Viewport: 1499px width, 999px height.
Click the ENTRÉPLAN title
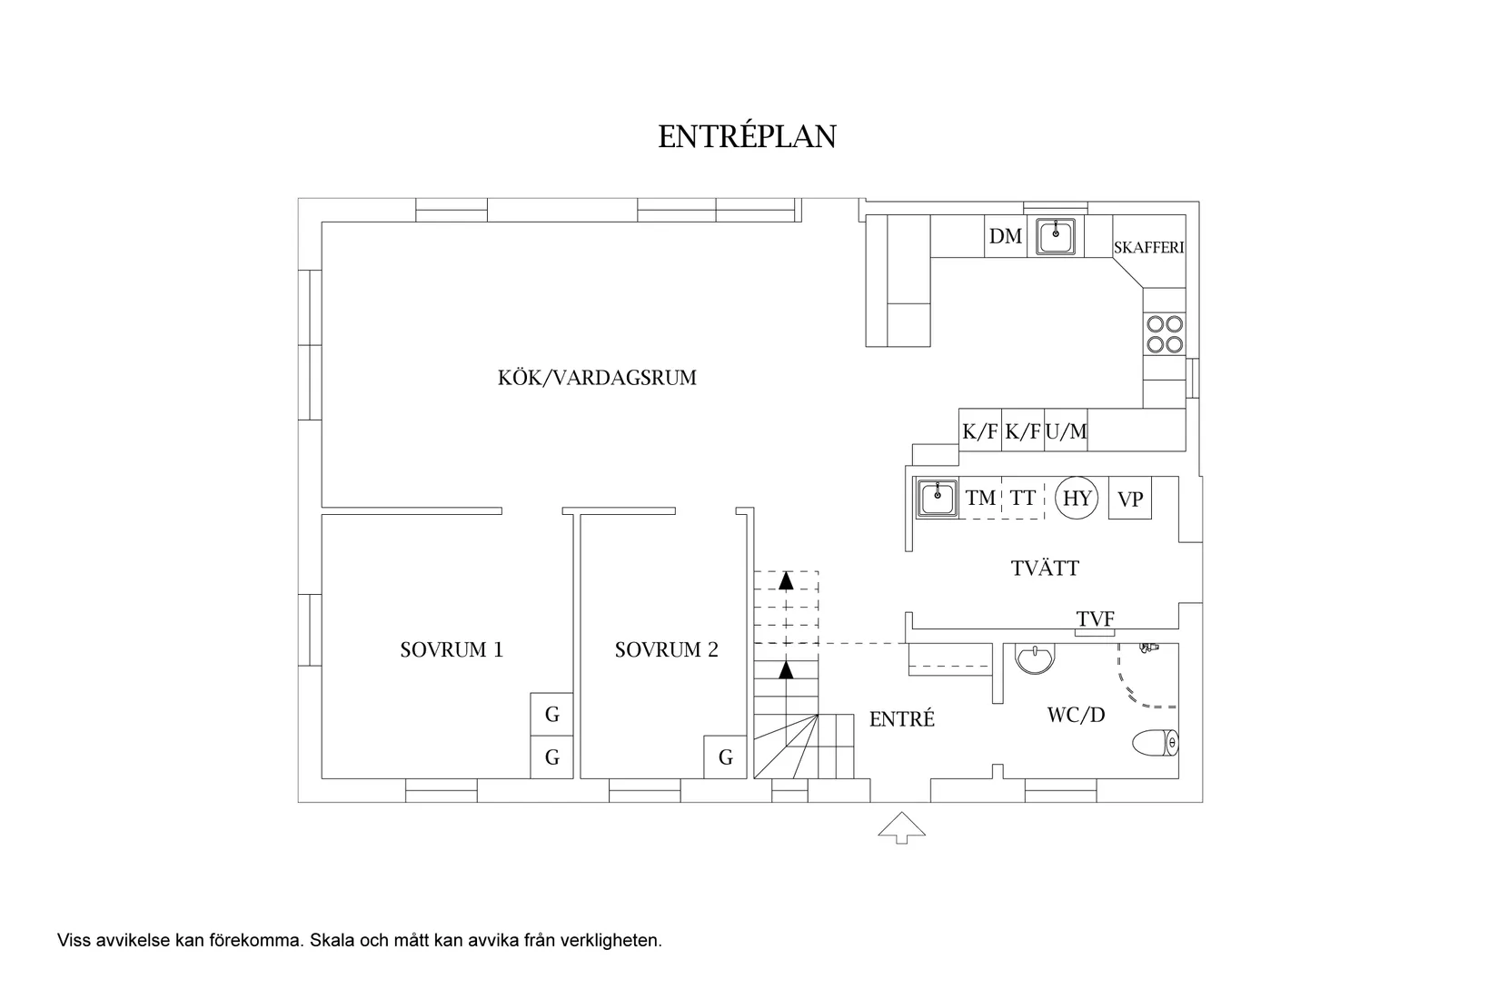click(x=747, y=136)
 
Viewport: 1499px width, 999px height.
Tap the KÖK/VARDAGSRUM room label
click(x=597, y=378)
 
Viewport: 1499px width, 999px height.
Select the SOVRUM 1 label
click(x=452, y=650)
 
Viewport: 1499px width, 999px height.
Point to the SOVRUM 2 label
click(x=666, y=650)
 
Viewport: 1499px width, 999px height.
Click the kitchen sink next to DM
click(x=1056, y=236)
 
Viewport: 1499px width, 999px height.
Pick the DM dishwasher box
click(x=1006, y=237)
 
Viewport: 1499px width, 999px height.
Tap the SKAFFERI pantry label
click(x=1148, y=247)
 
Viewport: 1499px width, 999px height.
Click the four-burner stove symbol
click(x=1165, y=332)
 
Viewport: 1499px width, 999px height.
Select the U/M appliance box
click(x=1066, y=431)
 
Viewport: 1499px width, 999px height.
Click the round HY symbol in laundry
click(x=1077, y=498)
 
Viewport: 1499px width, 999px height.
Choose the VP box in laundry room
click(x=1130, y=499)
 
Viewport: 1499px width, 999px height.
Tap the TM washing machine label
click(x=980, y=498)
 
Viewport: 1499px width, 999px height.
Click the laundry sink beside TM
click(x=936, y=498)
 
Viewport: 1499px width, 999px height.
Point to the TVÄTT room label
click(x=1045, y=569)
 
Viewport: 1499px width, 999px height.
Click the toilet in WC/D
click(x=1156, y=743)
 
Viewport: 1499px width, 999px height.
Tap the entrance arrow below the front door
click(x=901, y=827)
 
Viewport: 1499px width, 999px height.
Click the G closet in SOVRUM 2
click(x=726, y=757)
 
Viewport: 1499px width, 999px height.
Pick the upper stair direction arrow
click(x=786, y=580)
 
